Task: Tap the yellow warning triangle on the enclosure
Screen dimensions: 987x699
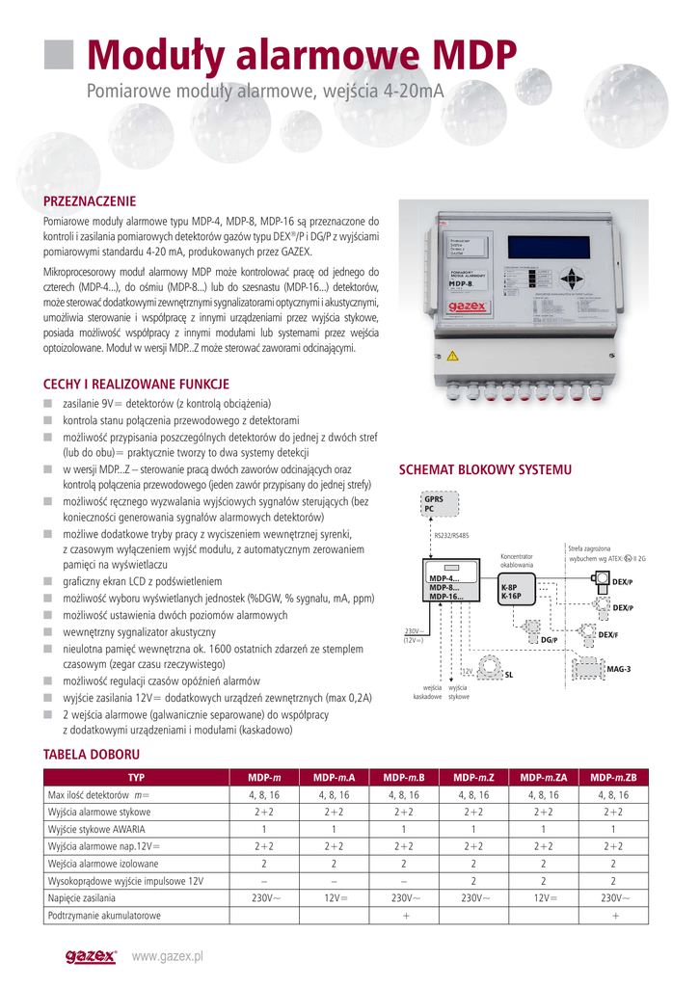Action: [x=452, y=356]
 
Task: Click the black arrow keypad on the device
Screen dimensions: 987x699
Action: [x=574, y=280]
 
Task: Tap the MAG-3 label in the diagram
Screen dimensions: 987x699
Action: [x=618, y=669]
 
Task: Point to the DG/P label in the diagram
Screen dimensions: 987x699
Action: [x=549, y=640]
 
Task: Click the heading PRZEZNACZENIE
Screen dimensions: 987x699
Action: [x=91, y=201]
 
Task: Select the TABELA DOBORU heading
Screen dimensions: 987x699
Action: [x=93, y=754]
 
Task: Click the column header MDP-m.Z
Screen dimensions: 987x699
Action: [x=473, y=777]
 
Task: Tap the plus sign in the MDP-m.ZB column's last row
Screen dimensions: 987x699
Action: [x=614, y=916]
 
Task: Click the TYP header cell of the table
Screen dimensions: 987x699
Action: [x=136, y=777]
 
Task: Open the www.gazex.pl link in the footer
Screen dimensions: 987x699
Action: [x=168, y=956]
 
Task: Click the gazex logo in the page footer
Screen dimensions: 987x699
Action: [x=91, y=956]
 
